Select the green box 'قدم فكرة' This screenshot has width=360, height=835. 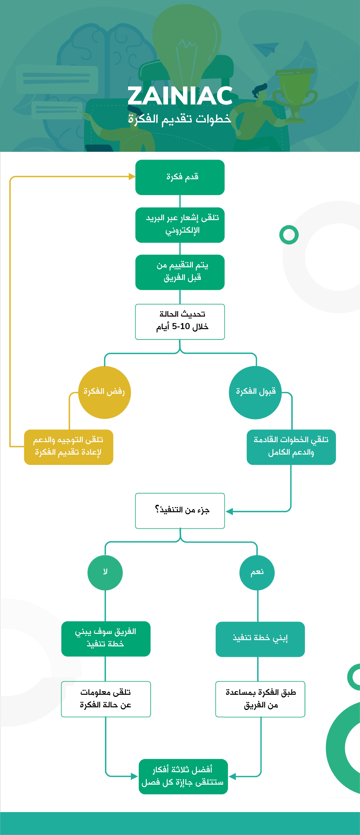(x=180, y=177)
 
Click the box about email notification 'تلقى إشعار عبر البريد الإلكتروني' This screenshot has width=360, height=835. (x=180, y=225)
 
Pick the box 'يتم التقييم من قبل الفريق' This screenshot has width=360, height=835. (x=180, y=272)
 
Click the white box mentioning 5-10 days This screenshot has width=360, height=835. (x=180, y=322)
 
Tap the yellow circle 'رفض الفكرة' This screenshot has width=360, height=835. (x=104, y=392)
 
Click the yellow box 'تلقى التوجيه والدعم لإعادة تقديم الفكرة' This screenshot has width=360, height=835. (x=68, y=447)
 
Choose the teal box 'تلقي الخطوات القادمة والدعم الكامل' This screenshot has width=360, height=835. (x=291, y=447)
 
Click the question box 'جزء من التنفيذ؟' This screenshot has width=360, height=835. (x=180, y=511)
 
